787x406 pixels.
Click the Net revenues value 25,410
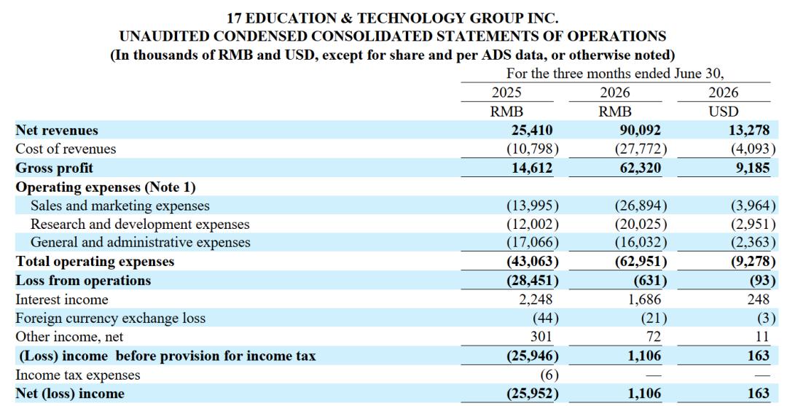coord(532,130)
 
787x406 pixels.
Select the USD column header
coord(724,112)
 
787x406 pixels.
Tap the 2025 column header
coord(506,93)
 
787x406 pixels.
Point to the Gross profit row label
coord(54,168)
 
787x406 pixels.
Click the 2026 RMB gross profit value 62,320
coord(641,168)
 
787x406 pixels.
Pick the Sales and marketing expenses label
coord(120,206)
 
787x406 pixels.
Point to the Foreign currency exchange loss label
coord(111,319)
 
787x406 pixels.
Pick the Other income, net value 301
coord(540,337)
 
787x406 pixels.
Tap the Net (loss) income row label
coord(70,394)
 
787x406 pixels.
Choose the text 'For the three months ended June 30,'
coord(615,74)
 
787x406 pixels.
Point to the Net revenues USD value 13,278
coord(749,130)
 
